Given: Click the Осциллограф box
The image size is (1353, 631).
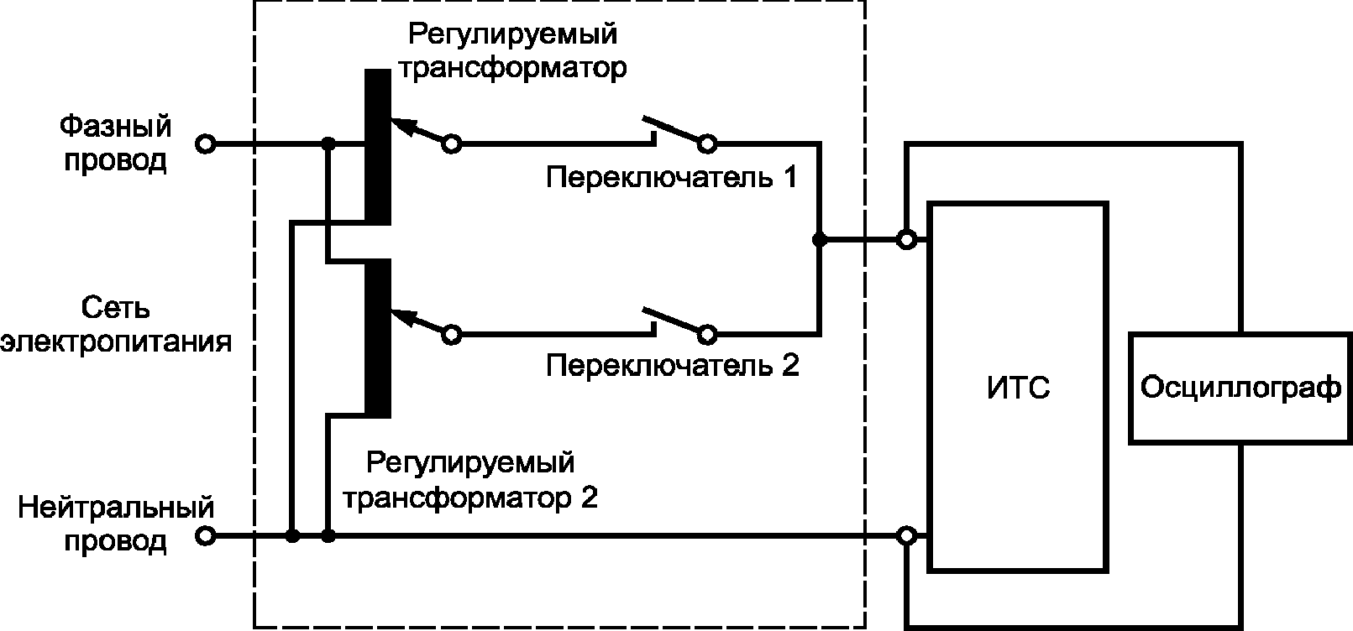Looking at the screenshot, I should tap(1240, 388).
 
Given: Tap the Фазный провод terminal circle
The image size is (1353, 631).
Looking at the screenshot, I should tap(205, 144).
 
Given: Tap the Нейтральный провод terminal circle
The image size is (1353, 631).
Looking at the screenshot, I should tap(205, 535).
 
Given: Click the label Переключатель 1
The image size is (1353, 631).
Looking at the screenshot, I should tap(671, 177).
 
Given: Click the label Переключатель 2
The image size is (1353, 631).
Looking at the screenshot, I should tap(671, 366).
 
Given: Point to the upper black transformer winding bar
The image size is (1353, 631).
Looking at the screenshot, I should tap(377, 147).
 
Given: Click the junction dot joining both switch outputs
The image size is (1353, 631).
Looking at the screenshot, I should tap(819, 240).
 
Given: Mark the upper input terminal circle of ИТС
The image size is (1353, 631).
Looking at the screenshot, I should tap(906, 240).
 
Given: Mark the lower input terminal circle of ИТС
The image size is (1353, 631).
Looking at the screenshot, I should tap(906, 535).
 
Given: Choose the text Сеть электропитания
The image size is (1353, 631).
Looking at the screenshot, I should tap(116, 326).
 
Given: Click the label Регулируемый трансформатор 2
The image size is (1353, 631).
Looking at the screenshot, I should tap(470, 480).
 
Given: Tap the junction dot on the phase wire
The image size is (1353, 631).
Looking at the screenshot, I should tap(328, 144).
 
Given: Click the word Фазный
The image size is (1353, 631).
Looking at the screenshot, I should tap(116, 128).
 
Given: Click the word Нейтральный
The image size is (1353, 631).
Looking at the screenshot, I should tap(116, 508).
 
